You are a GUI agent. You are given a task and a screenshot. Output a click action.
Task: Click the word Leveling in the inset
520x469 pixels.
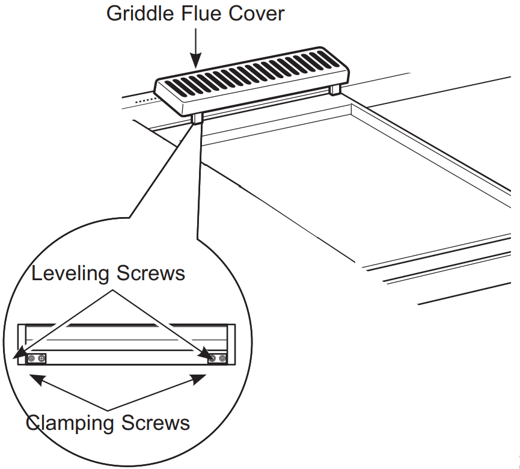pyautogui.click(x=70, y=274)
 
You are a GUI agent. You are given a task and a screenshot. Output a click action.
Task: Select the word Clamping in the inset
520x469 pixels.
pyautogui.click(x=69, y=423)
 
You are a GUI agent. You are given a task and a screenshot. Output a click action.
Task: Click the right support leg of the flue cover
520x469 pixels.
pyautogui.click(x=335, y=90)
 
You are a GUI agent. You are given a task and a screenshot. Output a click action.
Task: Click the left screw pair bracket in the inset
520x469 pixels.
pyautogui.click(x=36, y=359)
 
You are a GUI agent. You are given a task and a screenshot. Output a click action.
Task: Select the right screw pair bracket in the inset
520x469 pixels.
pyautogui.click(x=218, y=359)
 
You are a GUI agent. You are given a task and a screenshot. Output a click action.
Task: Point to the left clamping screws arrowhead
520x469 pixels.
pyautogui.click(x=35, y=378)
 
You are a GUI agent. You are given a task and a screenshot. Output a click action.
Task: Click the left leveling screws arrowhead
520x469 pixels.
pyautogui.click(x=20, y=353)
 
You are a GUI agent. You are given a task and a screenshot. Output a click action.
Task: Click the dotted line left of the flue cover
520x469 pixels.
pyautogui.click(x=144, y=100)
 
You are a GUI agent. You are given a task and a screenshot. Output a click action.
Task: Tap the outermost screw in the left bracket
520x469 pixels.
pyautogui.click(x=31, y=359)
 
